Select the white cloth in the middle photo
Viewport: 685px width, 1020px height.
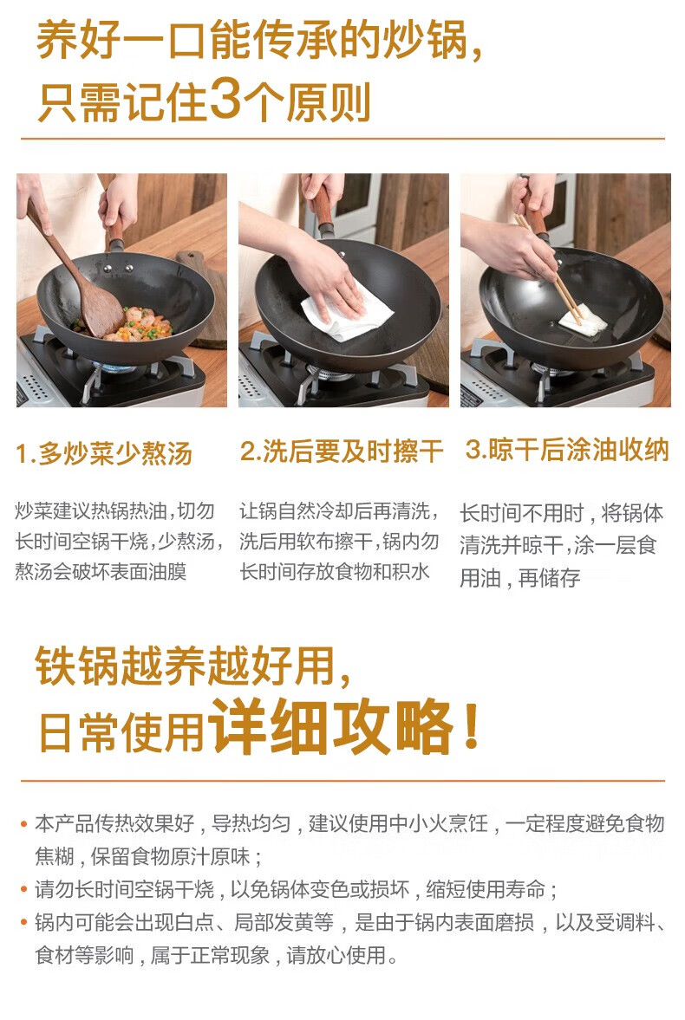pos(349,312)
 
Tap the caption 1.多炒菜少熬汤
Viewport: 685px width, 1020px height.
pos(104,453)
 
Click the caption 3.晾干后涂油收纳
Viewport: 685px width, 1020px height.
pos(567,450)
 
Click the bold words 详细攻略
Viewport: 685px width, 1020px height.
pos(330,726)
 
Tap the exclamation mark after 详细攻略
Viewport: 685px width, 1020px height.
pos(472,725)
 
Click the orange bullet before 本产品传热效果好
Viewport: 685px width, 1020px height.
pos(24,823)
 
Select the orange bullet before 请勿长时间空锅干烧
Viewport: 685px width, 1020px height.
pos(24,889)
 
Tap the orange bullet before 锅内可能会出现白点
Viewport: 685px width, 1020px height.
pos(24,922)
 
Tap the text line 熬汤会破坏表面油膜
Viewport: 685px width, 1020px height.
pos(101,572)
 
